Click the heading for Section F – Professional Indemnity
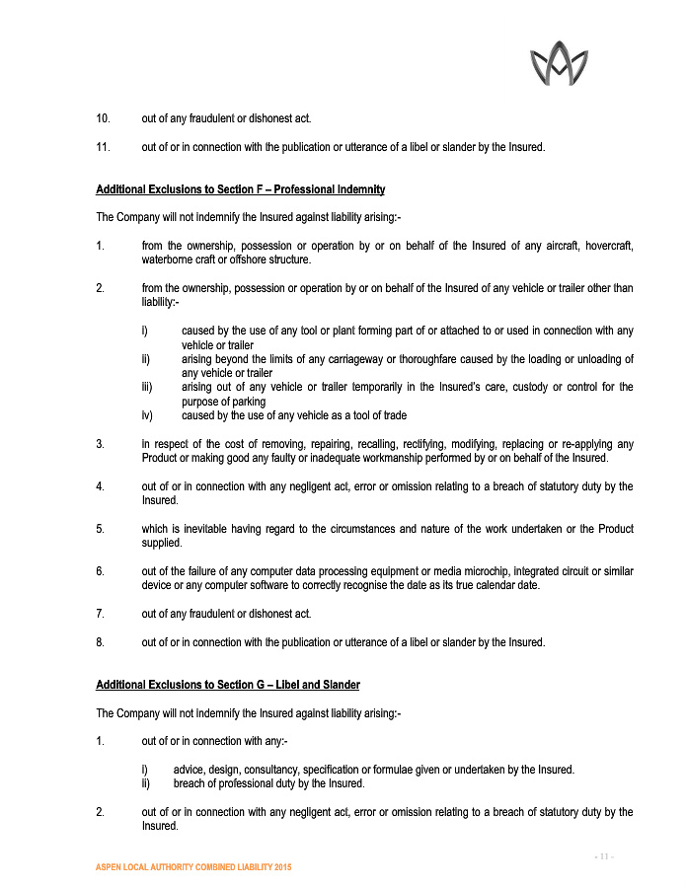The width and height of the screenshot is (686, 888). (240, 189)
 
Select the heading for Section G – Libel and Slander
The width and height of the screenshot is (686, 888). (227, 685)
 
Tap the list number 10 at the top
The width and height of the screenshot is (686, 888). (103, 119)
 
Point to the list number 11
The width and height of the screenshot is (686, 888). (103, 148)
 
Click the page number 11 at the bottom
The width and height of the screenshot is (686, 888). (604, 855)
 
